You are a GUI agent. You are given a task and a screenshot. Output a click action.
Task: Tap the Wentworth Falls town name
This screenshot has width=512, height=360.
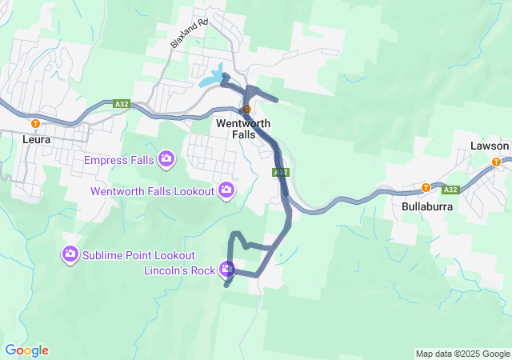coord(243,130)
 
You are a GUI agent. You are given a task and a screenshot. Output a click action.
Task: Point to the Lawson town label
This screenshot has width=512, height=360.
coord(490,146)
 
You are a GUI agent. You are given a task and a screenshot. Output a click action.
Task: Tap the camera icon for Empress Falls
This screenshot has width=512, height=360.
coord(166,157)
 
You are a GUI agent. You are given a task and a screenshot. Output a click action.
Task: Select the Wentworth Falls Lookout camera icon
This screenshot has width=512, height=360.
coord(226,190)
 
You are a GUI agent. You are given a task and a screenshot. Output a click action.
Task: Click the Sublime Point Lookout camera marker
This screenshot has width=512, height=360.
coord(70,254)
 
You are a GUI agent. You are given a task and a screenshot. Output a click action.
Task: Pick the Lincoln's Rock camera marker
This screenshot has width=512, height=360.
coord(227,270)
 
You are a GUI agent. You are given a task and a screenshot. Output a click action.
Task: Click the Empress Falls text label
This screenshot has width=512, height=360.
coord(121,158)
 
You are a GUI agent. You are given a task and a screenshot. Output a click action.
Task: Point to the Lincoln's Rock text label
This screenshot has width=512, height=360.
coord(179,270)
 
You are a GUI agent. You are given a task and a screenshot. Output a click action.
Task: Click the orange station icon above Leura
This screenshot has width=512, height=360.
coord(35,124)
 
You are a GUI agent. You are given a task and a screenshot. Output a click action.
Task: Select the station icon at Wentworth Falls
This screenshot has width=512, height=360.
coord(246,110)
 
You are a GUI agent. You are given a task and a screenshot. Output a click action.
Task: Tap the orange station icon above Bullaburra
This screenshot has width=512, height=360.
coord(426,188)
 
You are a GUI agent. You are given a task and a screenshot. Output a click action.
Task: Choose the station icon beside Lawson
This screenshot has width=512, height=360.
coord(497,162)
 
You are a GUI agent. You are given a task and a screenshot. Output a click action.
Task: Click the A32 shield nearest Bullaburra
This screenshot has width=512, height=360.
coord(450,190)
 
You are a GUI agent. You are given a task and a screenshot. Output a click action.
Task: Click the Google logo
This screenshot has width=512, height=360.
coord(26,350)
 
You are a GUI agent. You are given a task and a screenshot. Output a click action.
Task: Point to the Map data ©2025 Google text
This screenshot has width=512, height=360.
coord(462,354)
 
